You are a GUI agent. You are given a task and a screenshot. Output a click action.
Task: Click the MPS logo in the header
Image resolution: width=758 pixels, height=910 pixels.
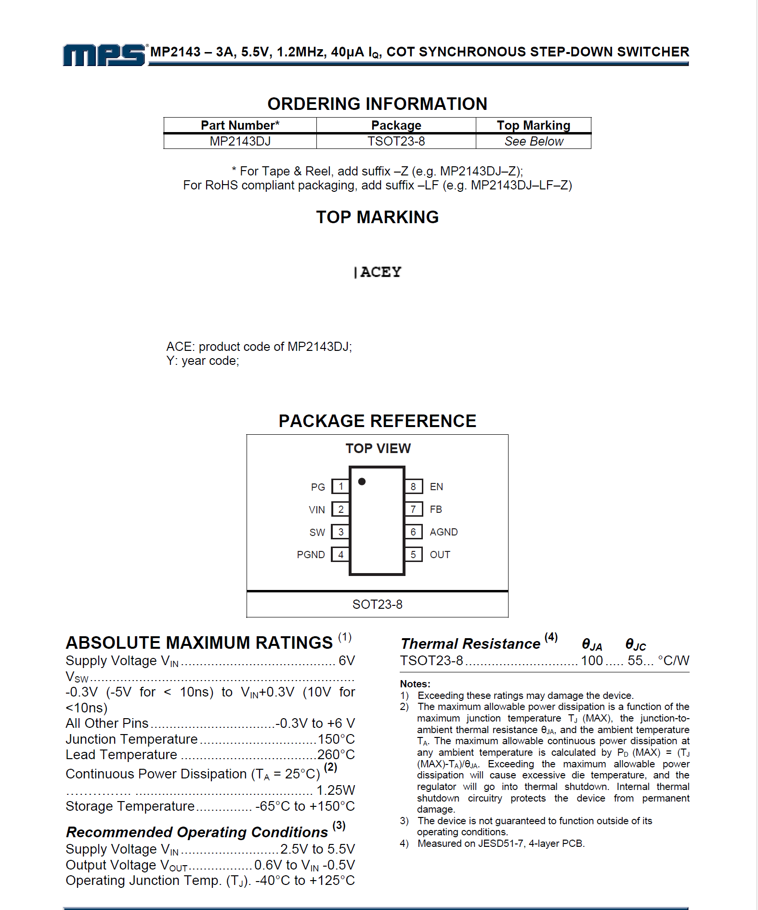[x=104, y=54]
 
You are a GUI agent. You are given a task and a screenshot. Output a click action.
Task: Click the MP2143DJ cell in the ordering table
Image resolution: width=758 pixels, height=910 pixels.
[x=240, y=141]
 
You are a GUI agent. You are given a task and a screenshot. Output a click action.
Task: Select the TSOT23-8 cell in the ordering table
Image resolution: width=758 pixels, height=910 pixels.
[x=396, y=141]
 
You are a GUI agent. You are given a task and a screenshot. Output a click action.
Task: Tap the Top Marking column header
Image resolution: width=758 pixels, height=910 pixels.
[x=533, y=125]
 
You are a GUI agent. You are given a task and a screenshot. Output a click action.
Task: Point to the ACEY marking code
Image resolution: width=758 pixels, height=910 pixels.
[x=380, y=272]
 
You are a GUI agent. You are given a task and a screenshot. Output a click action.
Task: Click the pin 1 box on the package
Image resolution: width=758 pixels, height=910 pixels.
[x=340, y=486]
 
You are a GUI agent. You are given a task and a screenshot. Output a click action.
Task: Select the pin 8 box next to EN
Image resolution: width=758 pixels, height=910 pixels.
[x=413, y=486]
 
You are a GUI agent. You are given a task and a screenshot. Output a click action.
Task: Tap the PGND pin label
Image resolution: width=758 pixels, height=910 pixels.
[x=311, y=555]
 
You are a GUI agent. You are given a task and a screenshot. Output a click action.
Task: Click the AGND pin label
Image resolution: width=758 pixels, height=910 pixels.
[x=444, y=532]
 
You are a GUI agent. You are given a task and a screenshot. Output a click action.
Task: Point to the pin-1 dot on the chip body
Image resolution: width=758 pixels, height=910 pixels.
[x=362, y=482]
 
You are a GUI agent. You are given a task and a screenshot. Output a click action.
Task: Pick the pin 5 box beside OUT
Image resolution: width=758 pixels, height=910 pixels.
[x=413, y=555]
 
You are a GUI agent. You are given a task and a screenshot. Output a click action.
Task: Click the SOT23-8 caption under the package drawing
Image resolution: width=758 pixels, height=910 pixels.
[x=377, y=604]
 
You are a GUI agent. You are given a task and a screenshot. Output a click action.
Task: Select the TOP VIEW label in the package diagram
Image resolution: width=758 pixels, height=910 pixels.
[x=378, y=449]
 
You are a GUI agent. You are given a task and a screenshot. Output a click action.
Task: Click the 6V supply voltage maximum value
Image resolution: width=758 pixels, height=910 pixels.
[x=347, y=661]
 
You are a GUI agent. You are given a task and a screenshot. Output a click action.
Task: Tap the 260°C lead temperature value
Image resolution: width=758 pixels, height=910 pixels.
[x=336, y=755]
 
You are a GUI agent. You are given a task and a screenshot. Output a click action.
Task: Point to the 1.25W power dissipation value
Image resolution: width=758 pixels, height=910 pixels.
[x=335, y=790]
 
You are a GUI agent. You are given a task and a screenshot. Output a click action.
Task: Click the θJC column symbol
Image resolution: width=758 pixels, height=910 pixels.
[x=635, y=644]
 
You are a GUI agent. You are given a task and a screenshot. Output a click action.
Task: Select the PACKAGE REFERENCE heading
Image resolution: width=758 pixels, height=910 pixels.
[x=377, y=421]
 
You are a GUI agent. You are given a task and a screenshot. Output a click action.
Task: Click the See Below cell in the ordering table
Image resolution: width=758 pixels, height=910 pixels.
[x=534, y=141]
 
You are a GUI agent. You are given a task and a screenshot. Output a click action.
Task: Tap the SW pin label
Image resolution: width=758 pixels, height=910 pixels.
[x=317, y=532]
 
